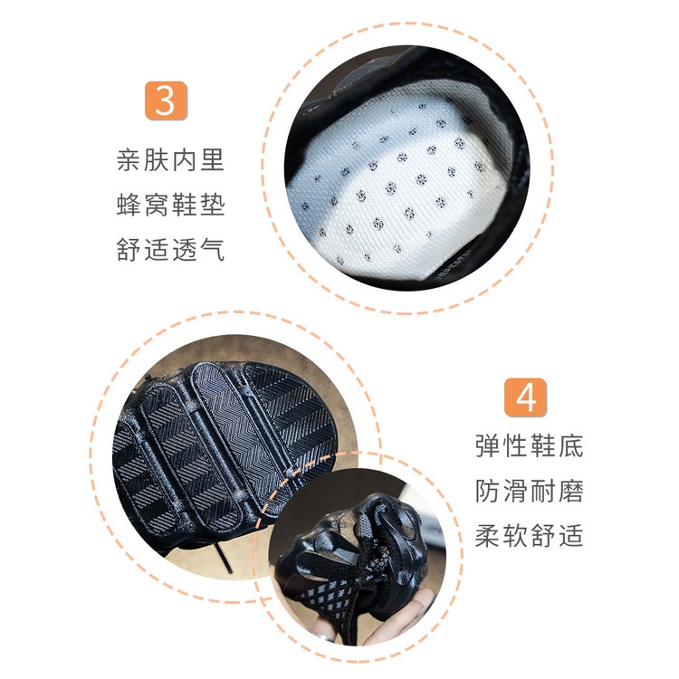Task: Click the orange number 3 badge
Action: click(166, 100)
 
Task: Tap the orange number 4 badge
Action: click(525, 397)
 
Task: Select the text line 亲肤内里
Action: click(170, 159)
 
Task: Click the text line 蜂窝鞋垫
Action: click(170, 205)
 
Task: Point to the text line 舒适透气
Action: click(170, 250)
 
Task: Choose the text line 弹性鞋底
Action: click(530, 445)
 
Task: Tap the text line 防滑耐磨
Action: click(530, 491)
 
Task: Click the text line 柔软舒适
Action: click(530, 536)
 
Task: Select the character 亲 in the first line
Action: click(129, 159)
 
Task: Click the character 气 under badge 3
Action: click(212, 250)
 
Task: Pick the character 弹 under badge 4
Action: click(488, 445)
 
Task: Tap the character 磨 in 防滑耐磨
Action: click(570, 491)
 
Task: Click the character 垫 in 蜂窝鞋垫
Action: click(212, 205)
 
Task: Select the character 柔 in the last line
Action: click(488, 536)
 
